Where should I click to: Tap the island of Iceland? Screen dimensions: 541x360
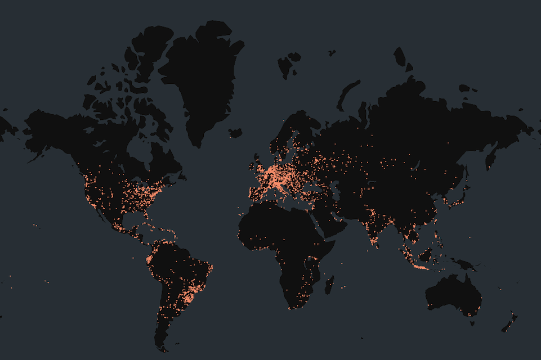coord(235,133)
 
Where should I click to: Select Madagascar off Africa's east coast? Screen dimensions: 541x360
coord(329,283)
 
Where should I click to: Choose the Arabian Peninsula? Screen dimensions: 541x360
coord(338,219)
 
